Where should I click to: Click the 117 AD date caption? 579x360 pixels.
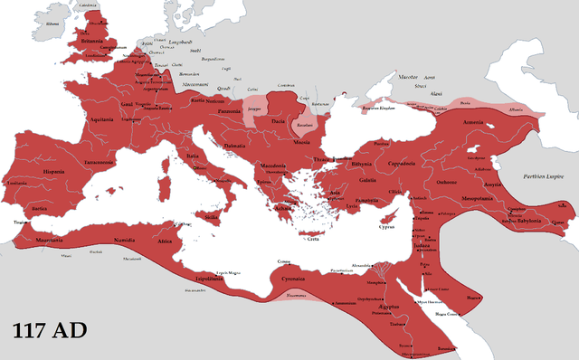pos(50,331)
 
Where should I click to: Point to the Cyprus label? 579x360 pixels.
pos(386,228)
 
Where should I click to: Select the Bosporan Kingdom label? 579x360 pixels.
pos(380,107)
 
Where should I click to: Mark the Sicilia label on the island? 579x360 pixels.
pos(211,217)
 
